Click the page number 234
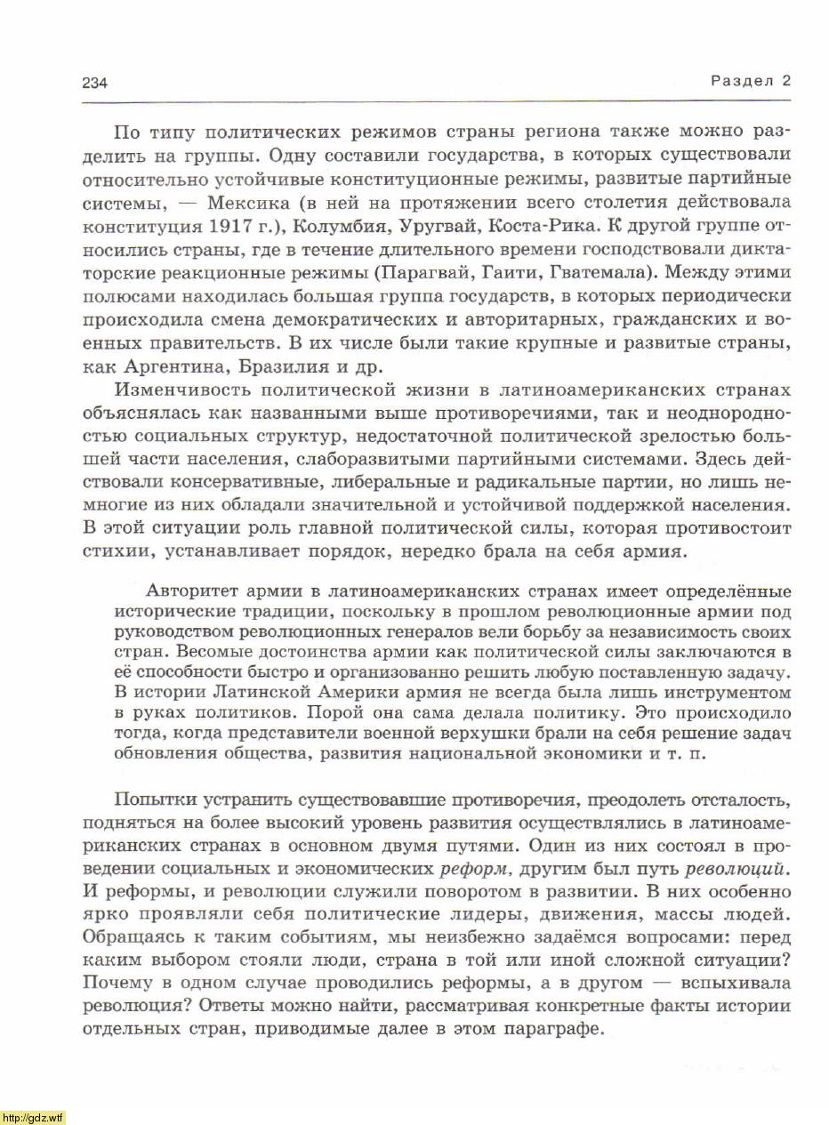(94, 83)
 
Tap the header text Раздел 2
(751, 81)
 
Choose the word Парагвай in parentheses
(425, 271)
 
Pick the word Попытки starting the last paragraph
(150, 798)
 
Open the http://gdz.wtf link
(32, 1117)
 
